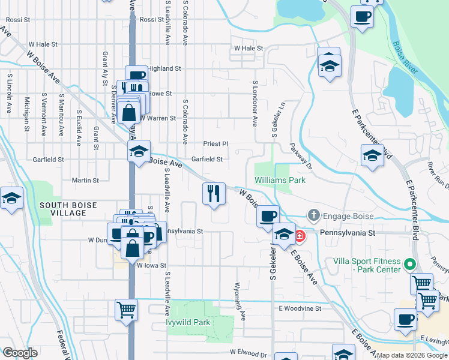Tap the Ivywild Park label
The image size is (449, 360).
click(188, 322)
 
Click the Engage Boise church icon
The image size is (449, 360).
click(313, 215)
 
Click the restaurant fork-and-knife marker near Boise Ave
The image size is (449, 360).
click(214, 194)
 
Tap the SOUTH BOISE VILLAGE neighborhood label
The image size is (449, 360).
click(68, 209)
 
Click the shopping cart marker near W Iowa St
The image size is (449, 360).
click(127, 311)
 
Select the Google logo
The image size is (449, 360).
click(20, 352)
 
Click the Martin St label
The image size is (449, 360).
click(85, 180)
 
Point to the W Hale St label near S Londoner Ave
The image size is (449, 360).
click(249, 48)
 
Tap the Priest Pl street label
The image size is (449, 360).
click(216, 144)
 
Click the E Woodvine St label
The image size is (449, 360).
click(300, 308)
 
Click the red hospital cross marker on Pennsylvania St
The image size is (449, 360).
click(298, 236)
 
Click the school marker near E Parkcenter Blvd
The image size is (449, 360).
click(372, 156)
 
